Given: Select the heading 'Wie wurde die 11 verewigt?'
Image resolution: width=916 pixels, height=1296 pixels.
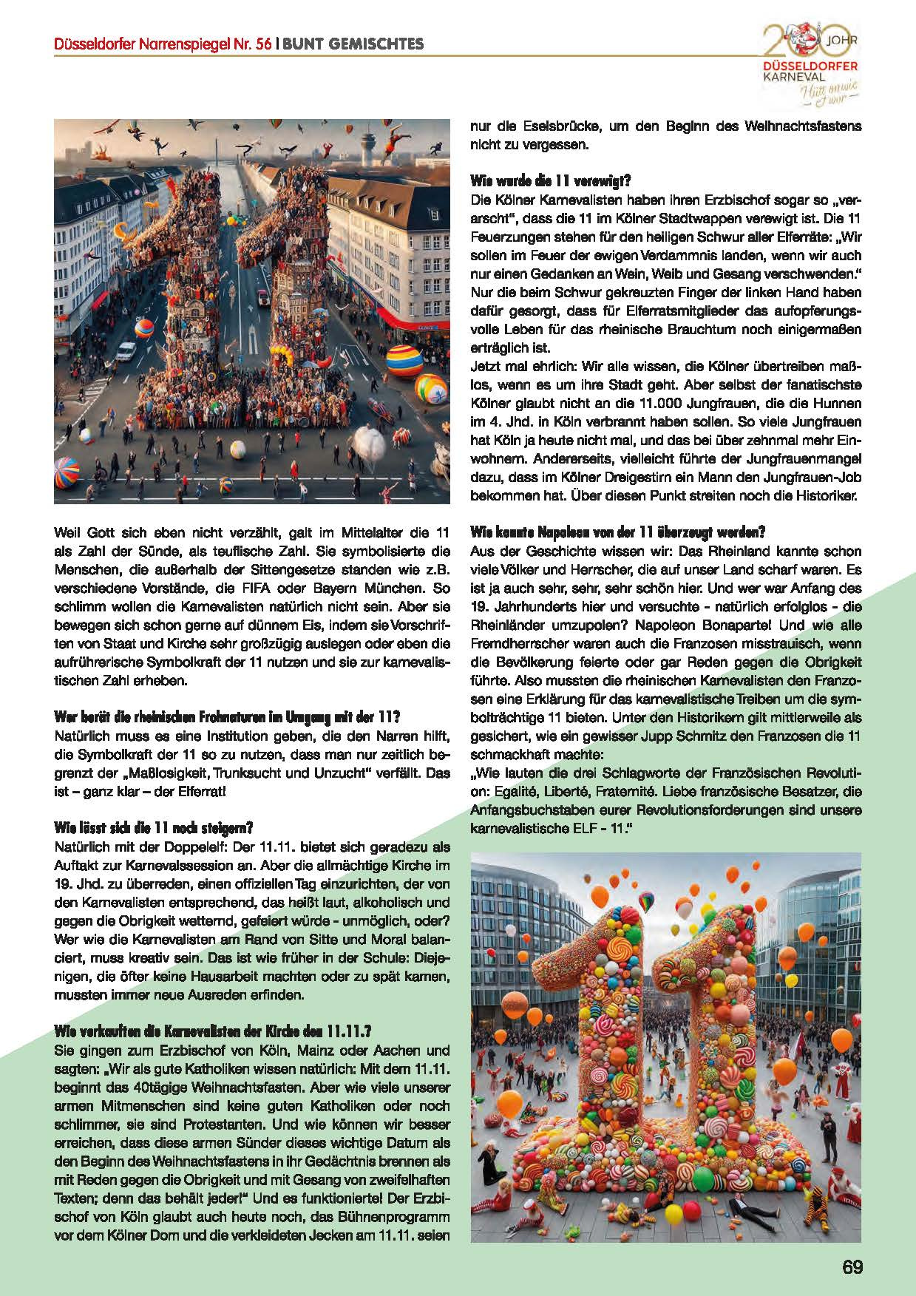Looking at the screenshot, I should tap(550, 180).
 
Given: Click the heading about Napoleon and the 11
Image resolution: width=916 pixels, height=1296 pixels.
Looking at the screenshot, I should tap(617, 532).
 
